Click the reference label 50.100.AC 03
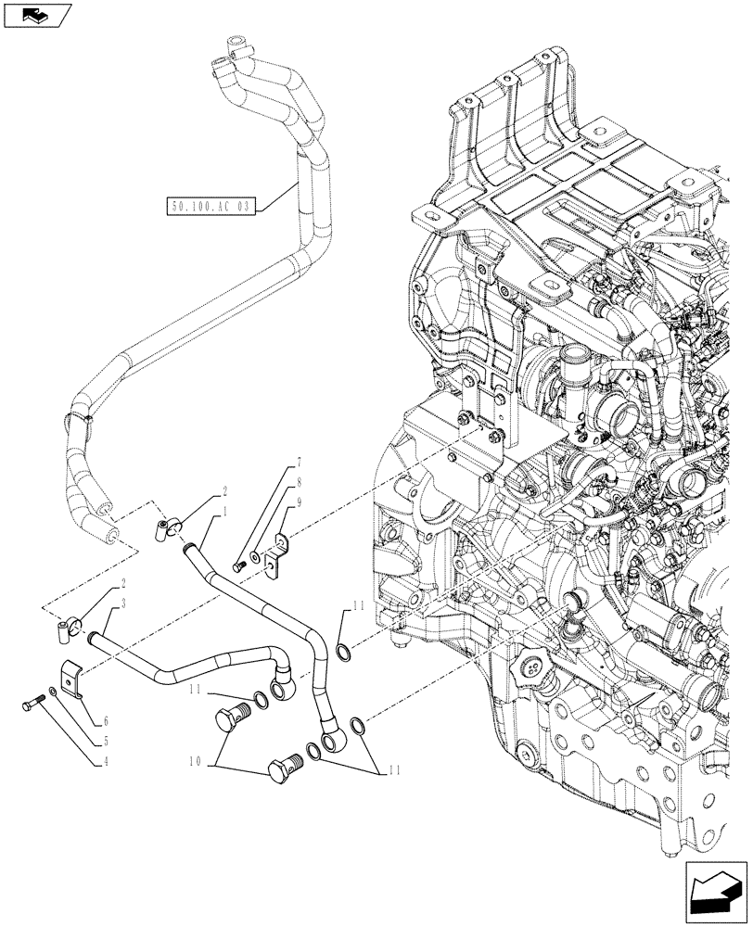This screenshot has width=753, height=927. (209, 207)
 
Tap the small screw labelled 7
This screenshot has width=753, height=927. (240, 565)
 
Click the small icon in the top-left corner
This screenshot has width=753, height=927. (37, 14)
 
